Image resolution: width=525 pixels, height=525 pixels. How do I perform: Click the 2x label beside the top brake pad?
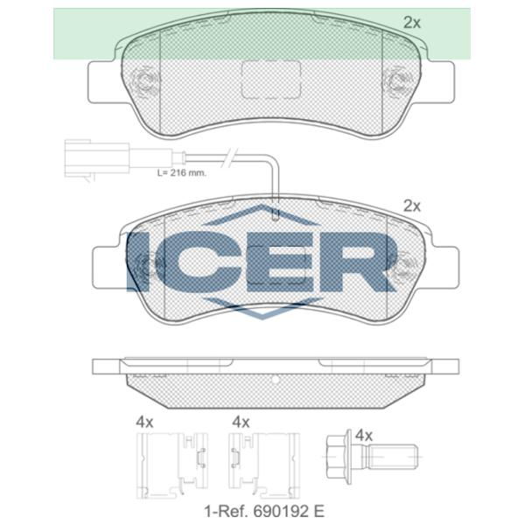(x=412, y=24)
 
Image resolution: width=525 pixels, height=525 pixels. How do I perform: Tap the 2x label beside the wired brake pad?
(x=412, y=206)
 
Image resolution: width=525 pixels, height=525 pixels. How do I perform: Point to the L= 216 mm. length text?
(x=181, y=173)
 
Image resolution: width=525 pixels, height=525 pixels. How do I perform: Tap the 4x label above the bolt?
(x=364, y=435)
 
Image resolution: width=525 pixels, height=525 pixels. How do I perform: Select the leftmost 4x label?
(x=144, y=422)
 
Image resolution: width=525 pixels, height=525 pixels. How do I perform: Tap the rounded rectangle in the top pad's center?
(x=269, y=79)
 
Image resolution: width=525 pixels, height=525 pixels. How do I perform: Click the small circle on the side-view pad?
(x=274, y=380)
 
